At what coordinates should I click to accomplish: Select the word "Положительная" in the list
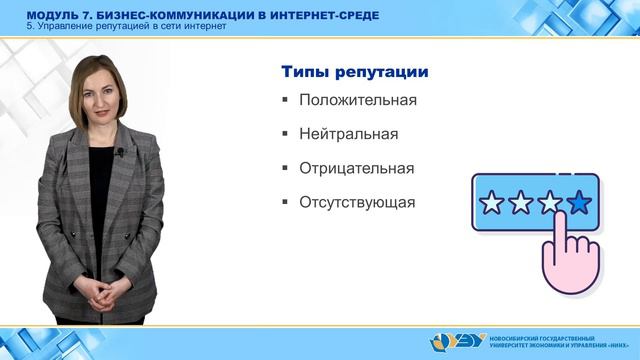click(357, 100)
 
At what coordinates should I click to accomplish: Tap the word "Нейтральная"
click(348, 133)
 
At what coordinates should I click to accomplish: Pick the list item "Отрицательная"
click(355, 167)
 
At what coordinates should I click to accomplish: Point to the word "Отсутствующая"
click(356, 202)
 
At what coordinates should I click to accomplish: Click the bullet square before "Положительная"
click(285, 100)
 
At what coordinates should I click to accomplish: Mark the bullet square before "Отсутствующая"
click(285, 202)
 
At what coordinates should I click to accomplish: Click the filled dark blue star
click(578, 205)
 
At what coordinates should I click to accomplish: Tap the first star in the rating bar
click(492, 205)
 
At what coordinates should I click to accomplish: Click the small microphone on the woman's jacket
click(120, 153)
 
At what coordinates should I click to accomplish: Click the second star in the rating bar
click(521, 205)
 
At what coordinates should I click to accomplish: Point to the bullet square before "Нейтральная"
click(285, 133)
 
